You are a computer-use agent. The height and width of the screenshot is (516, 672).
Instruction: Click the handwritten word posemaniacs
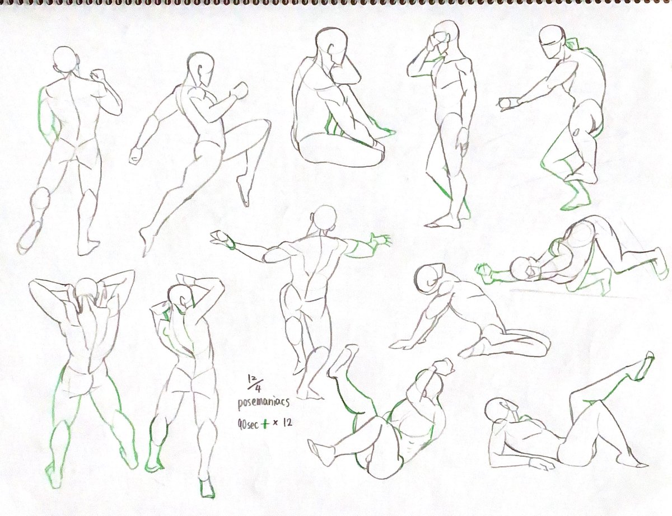[x=263, y=403]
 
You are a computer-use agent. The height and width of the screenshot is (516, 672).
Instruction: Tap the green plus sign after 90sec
[x=265, y=424]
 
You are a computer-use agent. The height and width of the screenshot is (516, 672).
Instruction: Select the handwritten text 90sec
[x=248, y=425]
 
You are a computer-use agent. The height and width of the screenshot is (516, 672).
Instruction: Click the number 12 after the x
[x=287, y=423]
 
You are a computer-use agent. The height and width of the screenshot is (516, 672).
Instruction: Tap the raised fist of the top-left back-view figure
[x=96, y=76]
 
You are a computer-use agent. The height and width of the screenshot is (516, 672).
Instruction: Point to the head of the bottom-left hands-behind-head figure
[x=87, y=289]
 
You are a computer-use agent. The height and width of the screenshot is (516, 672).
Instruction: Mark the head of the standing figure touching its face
[x=446, y=35]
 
